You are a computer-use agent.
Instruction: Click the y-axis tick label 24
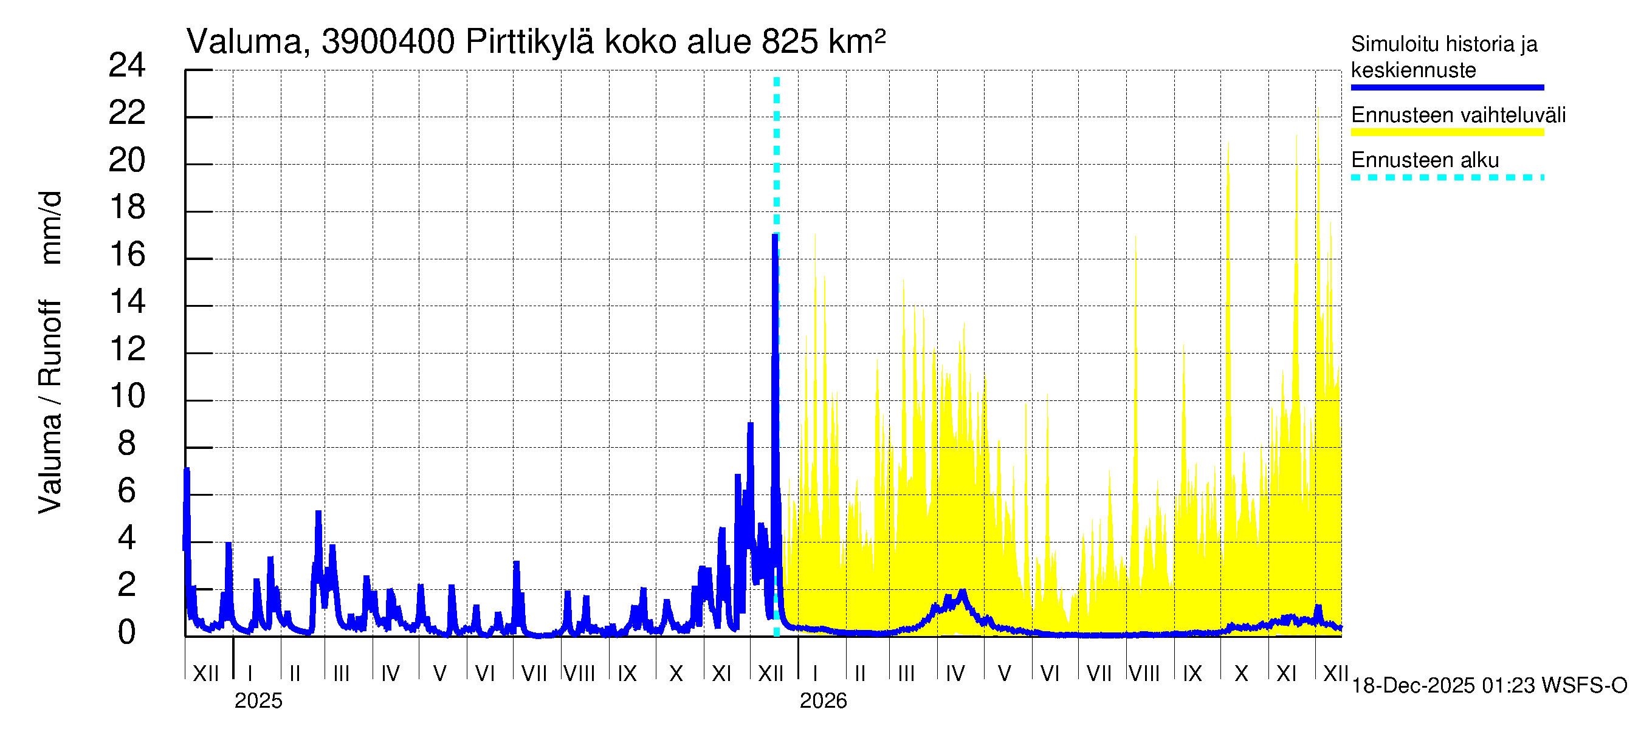(x=127, y=66)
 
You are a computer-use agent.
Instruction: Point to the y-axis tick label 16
(x=127, y=255)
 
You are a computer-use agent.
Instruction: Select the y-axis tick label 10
(x=127, y=396)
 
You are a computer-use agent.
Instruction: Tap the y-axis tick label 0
(x=127, y=632)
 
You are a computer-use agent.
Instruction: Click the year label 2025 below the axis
(x=258, y=701)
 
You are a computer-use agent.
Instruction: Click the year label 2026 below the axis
(x=823, y=701)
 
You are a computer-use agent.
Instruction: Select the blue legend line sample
(x=1447, y=87)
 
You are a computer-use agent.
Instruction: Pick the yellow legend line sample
(x=1447, y=132)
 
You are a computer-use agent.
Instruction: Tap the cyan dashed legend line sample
(x=1447, y=177)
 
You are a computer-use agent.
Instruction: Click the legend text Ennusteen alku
(x=1425, y=160)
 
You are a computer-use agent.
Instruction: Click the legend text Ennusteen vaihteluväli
(x=1458, y=115)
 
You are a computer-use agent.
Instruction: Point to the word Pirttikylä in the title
(x=529, y=42)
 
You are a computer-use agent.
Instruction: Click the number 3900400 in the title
(x=388, y=42)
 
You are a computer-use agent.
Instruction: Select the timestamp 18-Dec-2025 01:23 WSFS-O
(x=1488, y=686)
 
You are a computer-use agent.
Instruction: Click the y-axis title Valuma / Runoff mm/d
(x=50, y=352)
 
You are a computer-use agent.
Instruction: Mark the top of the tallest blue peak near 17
(x=776, y=236)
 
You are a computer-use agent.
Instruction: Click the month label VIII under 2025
(x=579, y=673)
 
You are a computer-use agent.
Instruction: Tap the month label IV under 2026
(x=955, y=673)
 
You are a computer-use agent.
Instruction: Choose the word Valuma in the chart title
(x=244, y=42)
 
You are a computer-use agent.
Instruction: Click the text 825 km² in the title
(x=823, y=42)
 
